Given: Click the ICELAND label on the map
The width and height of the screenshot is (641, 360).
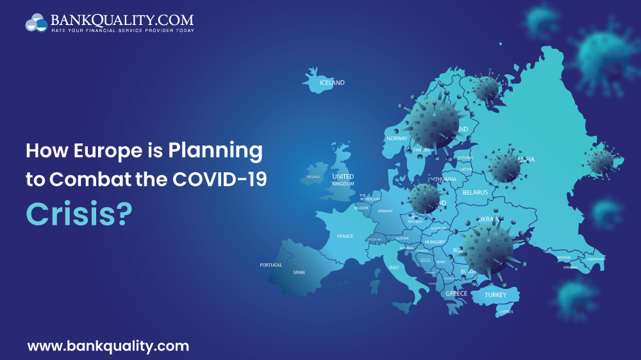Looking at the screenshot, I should click(332, 83).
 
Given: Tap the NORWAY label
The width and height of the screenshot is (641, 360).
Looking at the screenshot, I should click(397, 138).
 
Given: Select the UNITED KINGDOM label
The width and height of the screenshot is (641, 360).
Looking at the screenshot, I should click(343, 180).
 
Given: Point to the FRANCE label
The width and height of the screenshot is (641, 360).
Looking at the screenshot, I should click(345, 236).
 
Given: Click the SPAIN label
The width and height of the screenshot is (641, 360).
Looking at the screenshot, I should click(299, 272).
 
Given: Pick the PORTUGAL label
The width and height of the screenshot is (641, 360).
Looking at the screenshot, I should click(271, 265).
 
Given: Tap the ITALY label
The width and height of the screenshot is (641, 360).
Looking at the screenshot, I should click(394, 268).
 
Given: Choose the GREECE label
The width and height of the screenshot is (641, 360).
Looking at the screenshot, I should click(456, 293).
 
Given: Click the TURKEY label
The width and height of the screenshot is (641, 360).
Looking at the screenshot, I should click(495, 295).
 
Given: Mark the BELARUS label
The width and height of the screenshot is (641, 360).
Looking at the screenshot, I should click(475, 192).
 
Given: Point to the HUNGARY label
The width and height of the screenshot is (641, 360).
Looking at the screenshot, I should click(435, 242).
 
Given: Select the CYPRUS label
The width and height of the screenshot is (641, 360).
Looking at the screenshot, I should click(506, 313).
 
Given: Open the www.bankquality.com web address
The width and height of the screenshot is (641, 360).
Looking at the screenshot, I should click(108, 347).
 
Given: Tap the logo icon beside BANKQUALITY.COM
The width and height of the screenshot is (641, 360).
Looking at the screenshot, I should click(36, 23).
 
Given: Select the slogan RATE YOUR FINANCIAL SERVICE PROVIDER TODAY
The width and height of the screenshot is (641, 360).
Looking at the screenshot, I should click(123, 30).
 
